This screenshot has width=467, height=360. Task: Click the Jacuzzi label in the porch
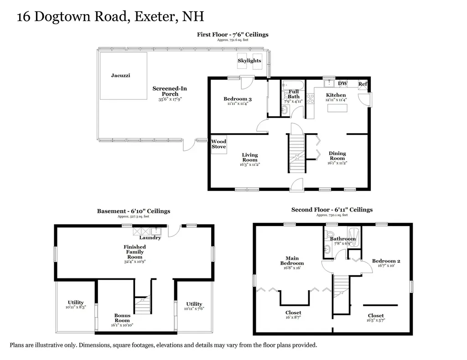pos(120,76)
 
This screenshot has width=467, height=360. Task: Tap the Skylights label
pos(249,61)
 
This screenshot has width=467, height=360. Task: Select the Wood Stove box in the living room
pos(218,144)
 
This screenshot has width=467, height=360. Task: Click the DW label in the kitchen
pos(342,84)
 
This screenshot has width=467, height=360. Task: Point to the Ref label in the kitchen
pos(363,84)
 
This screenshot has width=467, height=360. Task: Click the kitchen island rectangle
pos(337,108)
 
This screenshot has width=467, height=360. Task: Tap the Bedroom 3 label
pos(237,99)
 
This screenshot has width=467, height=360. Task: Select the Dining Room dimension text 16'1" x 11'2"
pos(337,163)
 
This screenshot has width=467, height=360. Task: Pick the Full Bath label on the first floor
pos(294,94)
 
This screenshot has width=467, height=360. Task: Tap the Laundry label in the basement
pos(150,237)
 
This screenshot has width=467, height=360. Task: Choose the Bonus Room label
pos(122,318)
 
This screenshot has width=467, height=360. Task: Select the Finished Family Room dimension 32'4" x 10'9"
pos(135,262)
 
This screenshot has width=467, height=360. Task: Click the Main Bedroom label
pos(292,261)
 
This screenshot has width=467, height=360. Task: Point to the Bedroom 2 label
pos(386,261)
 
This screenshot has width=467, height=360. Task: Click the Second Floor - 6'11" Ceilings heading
pos(332,210)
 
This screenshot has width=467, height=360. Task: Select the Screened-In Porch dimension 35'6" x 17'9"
pos(170,99)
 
